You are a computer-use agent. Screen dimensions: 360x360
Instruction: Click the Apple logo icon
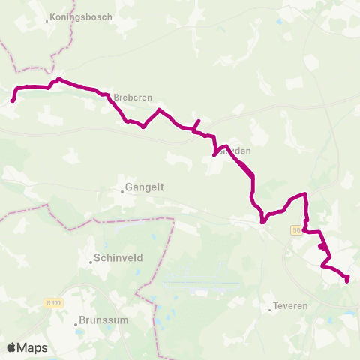pyautogui.click(x=11, y=347)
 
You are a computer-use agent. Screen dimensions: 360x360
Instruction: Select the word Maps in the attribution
pyautogui.click(x=32, y=347)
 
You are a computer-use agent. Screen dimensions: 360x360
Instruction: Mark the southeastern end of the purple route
pyautogui.click(x=347, y=280)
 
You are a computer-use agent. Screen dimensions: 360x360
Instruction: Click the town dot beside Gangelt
pyautogui.click(x=122, y=190)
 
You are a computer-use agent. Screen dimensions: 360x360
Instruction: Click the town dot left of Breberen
pyautogui.click(x=111, y=97)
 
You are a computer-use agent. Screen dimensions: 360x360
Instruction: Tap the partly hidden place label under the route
pyautogui.click(x=233, y=151)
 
